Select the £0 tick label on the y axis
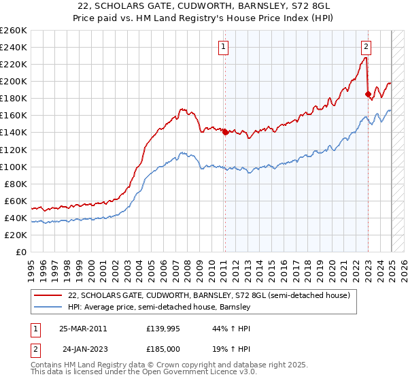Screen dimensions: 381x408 [x=20, y=252]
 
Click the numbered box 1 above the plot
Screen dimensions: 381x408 [x=224, y=47]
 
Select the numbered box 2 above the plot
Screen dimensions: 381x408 [x=366, y=47]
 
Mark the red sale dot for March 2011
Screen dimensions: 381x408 [x=225, y=132]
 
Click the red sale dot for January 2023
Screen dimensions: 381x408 [x=368, y=94]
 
